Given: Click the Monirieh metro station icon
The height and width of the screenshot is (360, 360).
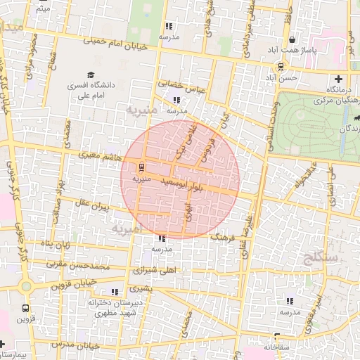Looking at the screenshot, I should pyautogui.click(x=141, y=167).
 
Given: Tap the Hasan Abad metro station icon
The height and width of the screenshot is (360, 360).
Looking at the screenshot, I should pyautogui.click(x=281, y=67).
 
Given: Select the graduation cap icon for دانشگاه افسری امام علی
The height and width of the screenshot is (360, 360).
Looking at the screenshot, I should pyautogui.click(x=91, y=75).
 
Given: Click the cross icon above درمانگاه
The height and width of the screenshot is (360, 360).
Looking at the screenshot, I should pyautogui.click(x=339, y=79).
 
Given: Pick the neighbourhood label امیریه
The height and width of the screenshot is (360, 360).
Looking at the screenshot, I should pyautogui.click(x=127, y=229).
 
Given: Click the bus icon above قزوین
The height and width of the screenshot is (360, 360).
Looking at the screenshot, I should pyautogui.click(x=26, y=308).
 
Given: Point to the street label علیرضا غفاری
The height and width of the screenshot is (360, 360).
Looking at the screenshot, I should pyautogui.click(x=244, y=236).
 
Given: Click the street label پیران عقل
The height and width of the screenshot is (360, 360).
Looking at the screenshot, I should pyautogui.click(x=91, y=206).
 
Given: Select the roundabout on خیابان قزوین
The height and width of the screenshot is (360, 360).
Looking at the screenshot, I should pyautogui.click(x=27, y=287).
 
